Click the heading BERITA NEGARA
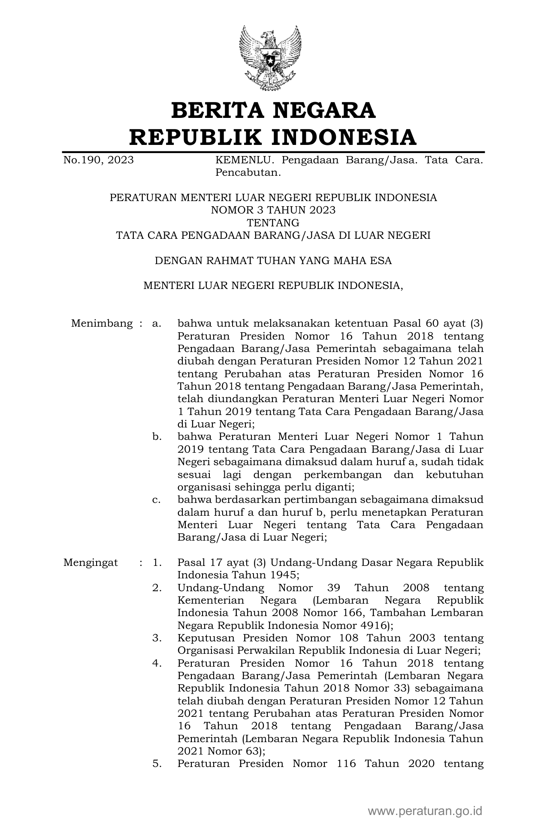[x=273, y=110]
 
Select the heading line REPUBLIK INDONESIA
[x=273, y=137]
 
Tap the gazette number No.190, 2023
[x=98, y=160]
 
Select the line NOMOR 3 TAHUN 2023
[x=273, y=210]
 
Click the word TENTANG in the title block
[x=273, y=223]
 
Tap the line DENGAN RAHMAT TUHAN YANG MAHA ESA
[x=273, y=260]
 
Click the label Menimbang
[x=102, y=323]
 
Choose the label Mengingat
[x=91, y=562]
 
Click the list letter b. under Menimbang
[x=157, y=437]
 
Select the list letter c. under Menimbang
[x=157, y=500]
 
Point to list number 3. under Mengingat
[x=157, y=638]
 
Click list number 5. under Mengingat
[x=157, y=764]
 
